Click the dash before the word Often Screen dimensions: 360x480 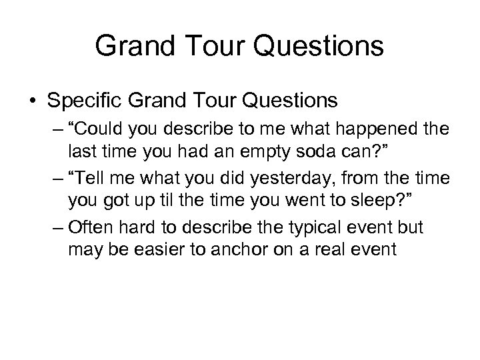(x=57, y=229)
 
